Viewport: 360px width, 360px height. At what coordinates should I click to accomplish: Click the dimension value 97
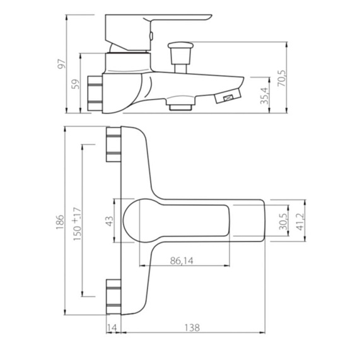(x=62, y=64)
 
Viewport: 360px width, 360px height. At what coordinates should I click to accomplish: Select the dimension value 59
(x=76, y=84)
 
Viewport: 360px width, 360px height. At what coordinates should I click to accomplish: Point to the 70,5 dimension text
(x=282, y=78)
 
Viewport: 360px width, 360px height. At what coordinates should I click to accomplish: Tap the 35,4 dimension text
(x=264, y=96)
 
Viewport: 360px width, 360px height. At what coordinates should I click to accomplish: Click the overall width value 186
(x=60, y=222)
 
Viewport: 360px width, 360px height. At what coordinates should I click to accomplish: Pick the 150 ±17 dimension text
(x=77, y=224)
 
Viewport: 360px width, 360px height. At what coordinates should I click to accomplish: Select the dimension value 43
(x=110, y=221)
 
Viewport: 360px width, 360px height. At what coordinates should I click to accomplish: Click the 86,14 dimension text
(x=182, y=261)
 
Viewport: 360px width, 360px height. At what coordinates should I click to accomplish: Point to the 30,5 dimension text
(x=283, y=221)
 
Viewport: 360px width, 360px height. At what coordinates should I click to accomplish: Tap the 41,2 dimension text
(x=300, y=222)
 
